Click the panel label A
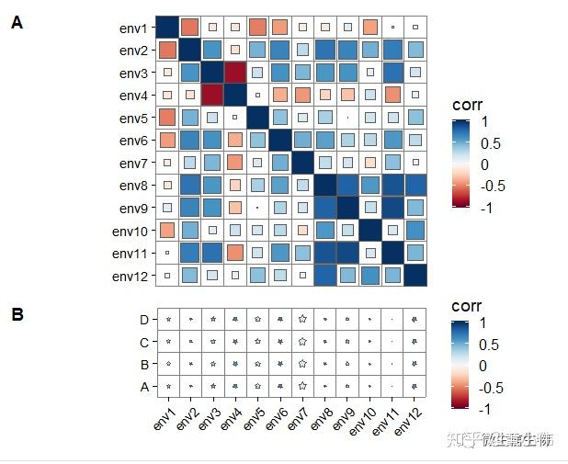point(17,21)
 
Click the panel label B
point(17,313)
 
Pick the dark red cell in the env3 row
point(235,73)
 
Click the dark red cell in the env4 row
point(212,95)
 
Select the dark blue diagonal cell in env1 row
point(167,28)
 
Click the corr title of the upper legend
point(468,106)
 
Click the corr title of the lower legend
point(468,306)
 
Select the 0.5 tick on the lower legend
point(489,345)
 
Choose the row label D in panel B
point(143,320)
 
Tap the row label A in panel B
point(143,387)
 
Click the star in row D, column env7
point(302,319)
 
